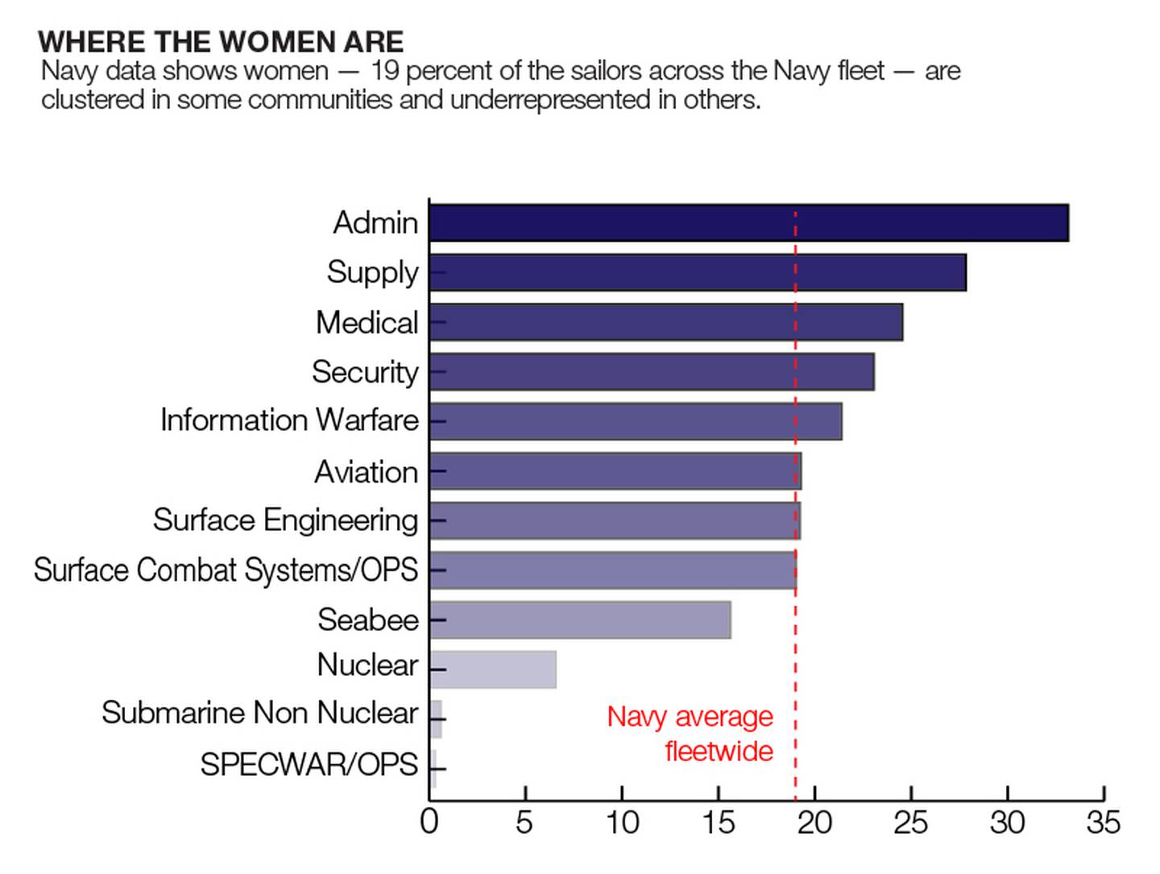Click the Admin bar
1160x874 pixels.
click(748, 223)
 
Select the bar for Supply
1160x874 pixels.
click(698, 272)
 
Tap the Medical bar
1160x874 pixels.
click(665, 322)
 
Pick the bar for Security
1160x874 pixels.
click(652, 371)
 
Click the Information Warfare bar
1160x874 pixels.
click(636, 421)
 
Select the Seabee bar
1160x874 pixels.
click(580, 619)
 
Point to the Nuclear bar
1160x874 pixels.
click(493, 669)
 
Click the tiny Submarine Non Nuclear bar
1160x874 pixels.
click(436, 719)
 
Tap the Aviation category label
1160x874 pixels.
click(366, 472)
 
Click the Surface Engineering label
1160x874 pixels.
click(285, 520)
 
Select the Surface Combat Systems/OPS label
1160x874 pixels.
click(226, 570)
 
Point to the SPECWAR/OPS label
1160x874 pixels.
click(309, 764)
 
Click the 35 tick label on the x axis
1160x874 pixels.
click(1103, 822)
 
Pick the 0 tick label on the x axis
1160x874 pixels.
click(429, 822)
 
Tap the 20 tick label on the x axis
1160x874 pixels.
click(814, 822)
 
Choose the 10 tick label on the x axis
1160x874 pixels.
click(622, 822)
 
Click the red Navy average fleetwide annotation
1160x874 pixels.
click(690, 733)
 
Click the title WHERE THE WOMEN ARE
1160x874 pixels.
click(221, 42)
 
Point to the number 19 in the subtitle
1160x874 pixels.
click(384, 71)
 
